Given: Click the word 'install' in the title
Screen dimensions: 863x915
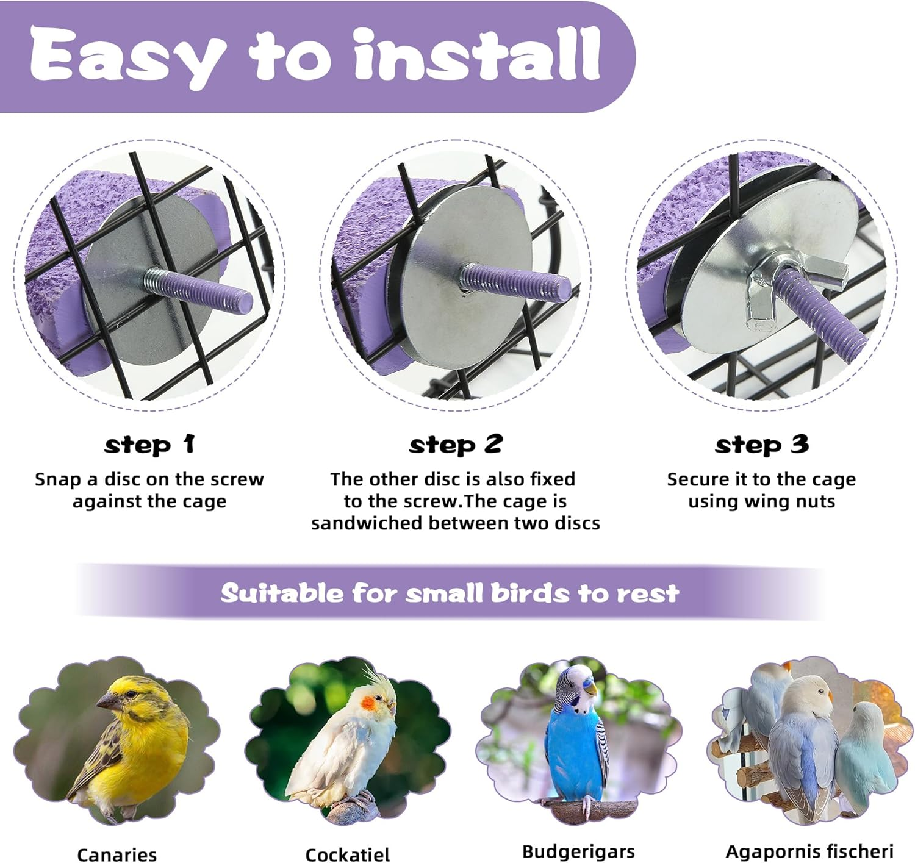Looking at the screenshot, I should [x=477, y=56].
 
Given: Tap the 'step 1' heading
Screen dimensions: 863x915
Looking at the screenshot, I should [x=149, y=445].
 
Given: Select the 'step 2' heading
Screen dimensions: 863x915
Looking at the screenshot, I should [x=456, y=445].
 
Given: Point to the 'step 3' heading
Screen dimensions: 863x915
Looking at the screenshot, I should [x=762, y=445].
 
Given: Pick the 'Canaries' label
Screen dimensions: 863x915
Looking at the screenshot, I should [x=117, y=854].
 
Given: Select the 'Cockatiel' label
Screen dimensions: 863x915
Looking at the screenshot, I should [x=347, y=854].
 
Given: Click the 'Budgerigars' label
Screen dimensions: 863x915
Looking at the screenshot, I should [x=578, y=851].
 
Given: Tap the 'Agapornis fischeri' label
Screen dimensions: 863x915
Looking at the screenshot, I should [x=809, y=851].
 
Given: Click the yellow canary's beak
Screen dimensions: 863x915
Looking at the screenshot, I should [x=105, y=703].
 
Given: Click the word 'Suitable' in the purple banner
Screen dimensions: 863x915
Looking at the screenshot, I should [x=282, y=593].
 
